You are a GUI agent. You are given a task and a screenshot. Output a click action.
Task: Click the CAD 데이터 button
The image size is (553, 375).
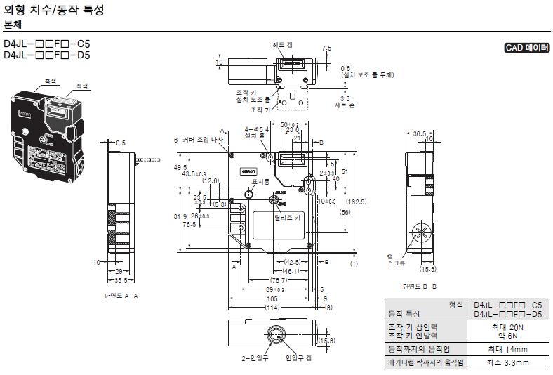[526, 48]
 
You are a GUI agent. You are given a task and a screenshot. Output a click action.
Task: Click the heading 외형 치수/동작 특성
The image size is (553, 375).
[54, 11]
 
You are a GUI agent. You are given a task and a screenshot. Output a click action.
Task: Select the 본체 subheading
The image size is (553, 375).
[13, 25]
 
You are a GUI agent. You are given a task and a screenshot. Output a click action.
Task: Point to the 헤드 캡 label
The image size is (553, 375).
[283, 44]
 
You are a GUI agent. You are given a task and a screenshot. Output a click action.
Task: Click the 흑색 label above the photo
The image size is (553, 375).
[51, 81]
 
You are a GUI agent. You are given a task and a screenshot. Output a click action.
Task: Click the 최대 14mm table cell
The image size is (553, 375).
[507, 349]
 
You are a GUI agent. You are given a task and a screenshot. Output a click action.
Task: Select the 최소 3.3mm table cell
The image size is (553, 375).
[507, 363]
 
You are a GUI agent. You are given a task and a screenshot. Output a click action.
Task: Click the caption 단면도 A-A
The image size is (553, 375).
[121, 296]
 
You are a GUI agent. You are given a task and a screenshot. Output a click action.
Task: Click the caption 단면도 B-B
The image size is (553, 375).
[420, 286]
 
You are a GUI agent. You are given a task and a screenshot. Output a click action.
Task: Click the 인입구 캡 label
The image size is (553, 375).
[298, 357]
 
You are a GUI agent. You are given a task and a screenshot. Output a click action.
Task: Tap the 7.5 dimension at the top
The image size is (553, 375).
[326, 48]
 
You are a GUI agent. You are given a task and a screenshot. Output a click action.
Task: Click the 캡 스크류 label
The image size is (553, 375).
[395, 260]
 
